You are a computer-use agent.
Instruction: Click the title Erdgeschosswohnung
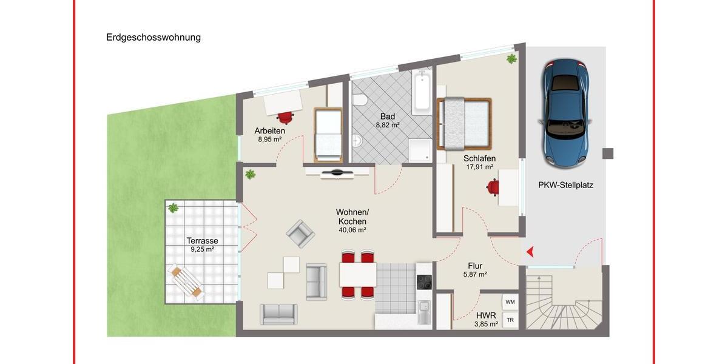[x=153, y=38]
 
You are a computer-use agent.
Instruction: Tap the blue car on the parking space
[x=567, y=113]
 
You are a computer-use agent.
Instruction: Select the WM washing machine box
[x=510, y=302]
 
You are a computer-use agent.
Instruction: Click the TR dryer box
[x=510, y=320]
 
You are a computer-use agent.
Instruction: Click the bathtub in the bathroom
[x=422, y=92]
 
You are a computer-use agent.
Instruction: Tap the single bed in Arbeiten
[x=328, y=135]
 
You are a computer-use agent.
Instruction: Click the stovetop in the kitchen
[x=423, y=282]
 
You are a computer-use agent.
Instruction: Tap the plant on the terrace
[x=173, y=208]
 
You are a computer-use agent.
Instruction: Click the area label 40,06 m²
[x=352, y=230]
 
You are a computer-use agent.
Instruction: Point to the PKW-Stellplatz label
[x=565, y=186]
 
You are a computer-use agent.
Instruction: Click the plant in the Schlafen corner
[x=511, y=59]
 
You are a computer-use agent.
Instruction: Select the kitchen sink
[x=423, y=312]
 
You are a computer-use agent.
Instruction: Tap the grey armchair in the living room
[x=300, y=233]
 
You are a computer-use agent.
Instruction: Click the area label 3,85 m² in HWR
[x=486, y=324]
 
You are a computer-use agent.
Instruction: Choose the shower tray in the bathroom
[x=420, y=149]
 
